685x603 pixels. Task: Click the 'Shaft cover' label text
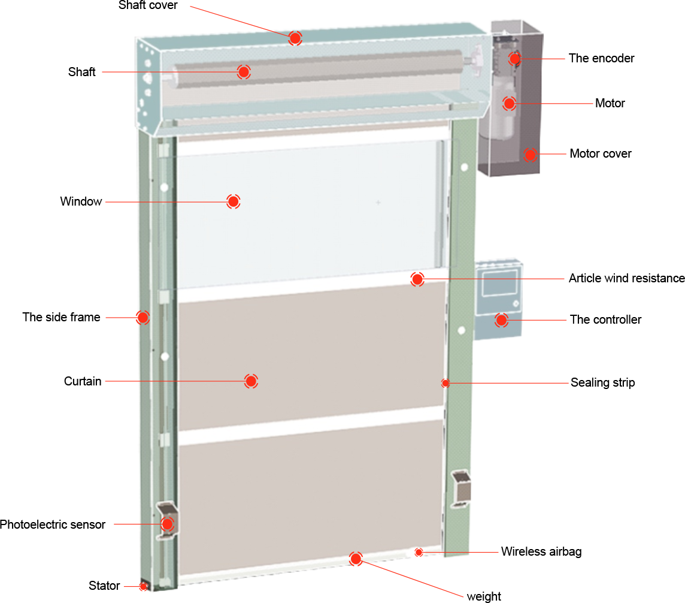click(x=148, y=5)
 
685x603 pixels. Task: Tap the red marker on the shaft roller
click(x=244, y=72)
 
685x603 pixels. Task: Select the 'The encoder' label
click(x=601, y=58)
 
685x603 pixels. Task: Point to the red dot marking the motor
click(x=509, y=104)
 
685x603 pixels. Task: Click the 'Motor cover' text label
click(x=600, y=153)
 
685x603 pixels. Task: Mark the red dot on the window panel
click(x=234, y=201)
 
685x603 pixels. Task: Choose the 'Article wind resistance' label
click(x=626, y=278)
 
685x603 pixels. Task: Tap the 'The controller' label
click(x=605, y=319)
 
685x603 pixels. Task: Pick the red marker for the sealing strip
click(x=445, y=384)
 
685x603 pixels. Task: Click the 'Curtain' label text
click(x=83, y=381)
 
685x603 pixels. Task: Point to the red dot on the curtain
click(x=251, y=381)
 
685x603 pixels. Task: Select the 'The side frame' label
click(x=61, y=317)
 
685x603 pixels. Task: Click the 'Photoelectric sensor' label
click(x=53, y=524)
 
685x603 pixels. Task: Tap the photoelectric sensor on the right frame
click(x=461, y=489)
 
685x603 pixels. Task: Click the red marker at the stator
click(x=143, y=586)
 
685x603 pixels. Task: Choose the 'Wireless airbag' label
click(x=541, y=551)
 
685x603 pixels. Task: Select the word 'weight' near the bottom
click(x=484, y=596)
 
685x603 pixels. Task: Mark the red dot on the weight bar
click(x=356, y=559)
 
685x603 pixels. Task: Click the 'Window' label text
click(x=81, y=201)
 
